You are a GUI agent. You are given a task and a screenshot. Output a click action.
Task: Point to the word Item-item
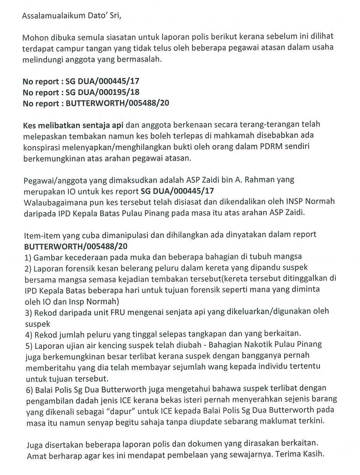tap(40, 234)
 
